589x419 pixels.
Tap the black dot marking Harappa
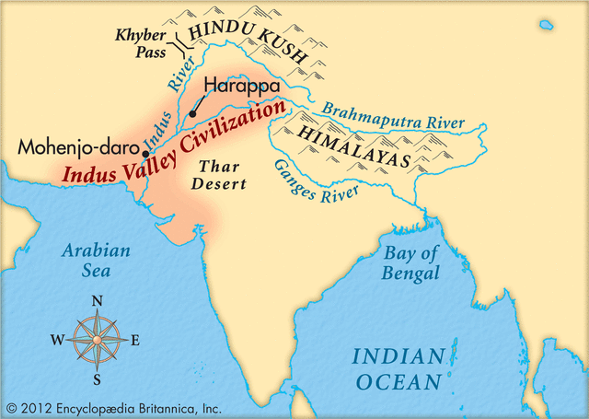click(x=192, y=114)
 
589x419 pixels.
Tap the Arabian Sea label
click(x=96, y=261)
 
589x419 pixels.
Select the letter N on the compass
click(x=97, y=300)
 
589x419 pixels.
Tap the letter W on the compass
click(x=56, y=340)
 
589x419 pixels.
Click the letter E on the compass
click(x=135, y=340)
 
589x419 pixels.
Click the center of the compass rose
click(x=96, y=340)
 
